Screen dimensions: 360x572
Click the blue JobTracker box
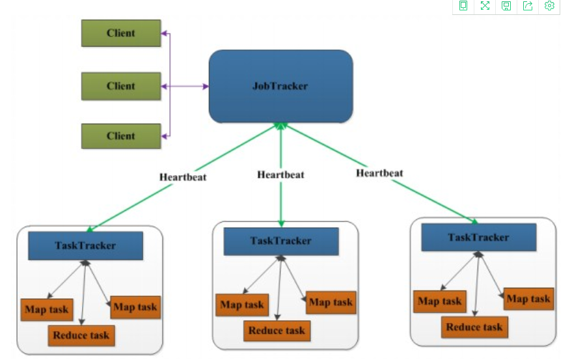(280, 86)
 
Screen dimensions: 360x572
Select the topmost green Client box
(121, 33)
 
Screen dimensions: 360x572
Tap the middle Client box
(121, 86)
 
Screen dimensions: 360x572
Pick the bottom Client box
(121, 136)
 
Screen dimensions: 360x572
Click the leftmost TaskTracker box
(85, 245)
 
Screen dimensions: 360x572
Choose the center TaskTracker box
(281, 241)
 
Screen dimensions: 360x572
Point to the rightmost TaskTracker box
(478, 238)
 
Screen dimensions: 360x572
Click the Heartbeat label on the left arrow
(183, 176)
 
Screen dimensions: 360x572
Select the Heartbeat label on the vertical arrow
(280, 174)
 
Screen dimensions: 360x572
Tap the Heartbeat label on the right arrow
(379, 173)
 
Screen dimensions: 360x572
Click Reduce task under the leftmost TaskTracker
(81, 335)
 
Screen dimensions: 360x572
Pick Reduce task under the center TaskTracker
(277, 331)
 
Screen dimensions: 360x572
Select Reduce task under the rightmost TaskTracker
(474, 327)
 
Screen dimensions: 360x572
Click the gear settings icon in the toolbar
(549, 6)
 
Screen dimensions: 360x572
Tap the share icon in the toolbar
(528, 6)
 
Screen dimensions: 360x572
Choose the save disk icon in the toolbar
(506, 6)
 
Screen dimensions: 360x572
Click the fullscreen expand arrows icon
(485, 6)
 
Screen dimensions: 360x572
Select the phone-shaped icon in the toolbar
(463, 6)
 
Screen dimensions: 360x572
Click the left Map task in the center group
(242, 305)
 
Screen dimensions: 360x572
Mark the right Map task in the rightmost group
(528, 299)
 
